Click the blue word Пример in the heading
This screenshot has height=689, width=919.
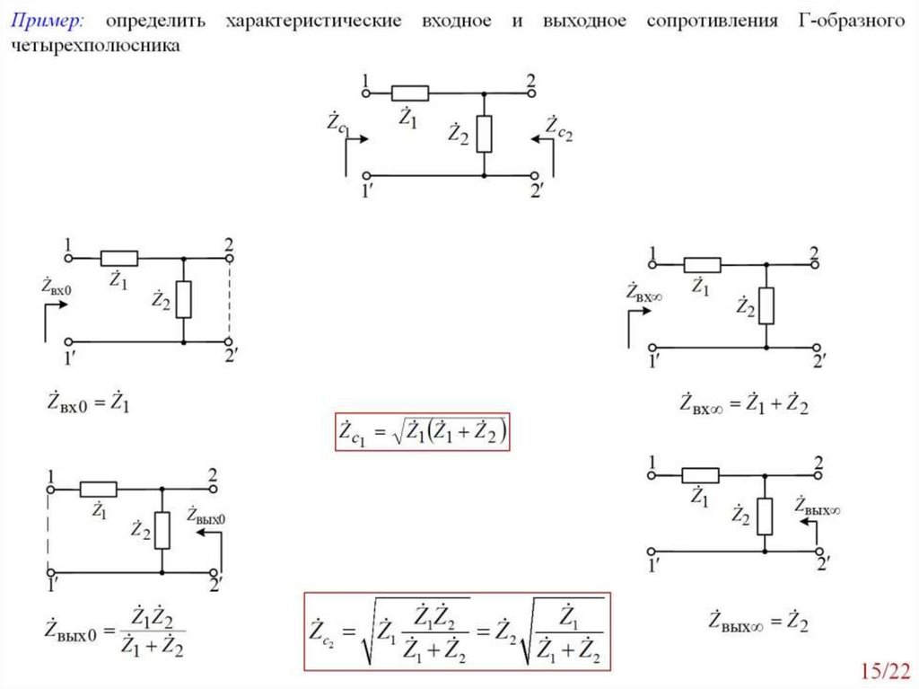click(x=48, y=21)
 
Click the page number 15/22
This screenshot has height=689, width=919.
click(x=884, y=670)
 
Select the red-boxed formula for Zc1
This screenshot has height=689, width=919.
click(x=423, y=432)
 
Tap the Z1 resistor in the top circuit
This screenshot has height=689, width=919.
click(x=410, y=93)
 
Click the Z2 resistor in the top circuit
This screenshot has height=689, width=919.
click(x=484, y=134)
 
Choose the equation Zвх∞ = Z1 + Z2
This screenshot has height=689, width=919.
click(x=744, y=405)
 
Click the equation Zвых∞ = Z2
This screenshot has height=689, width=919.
click(x=758, y=620)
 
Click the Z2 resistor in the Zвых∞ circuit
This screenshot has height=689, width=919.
click(x=765, y=516)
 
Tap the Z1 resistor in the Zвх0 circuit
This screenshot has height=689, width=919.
click(x=119, y=258)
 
